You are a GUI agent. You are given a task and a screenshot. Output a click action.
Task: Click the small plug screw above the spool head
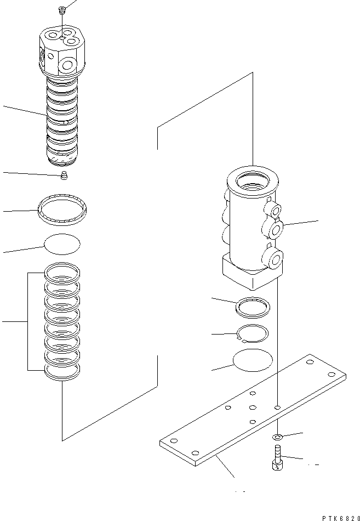click(x=62, y=10)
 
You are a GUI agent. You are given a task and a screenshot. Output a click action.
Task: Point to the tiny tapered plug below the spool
click(x=64, y=176)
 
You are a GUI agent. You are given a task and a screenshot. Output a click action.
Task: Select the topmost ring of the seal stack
click(x=62, y=271)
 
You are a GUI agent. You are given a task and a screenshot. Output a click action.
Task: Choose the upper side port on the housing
click(x=273, y=208)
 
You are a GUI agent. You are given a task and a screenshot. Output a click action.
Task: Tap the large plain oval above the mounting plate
click(x=252, y=361)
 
